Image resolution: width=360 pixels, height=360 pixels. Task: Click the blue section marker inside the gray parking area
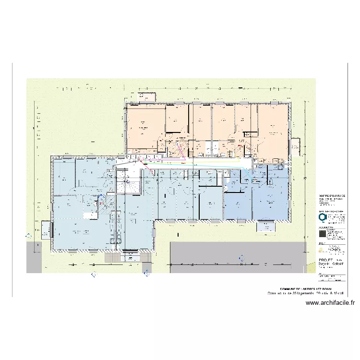239,256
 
